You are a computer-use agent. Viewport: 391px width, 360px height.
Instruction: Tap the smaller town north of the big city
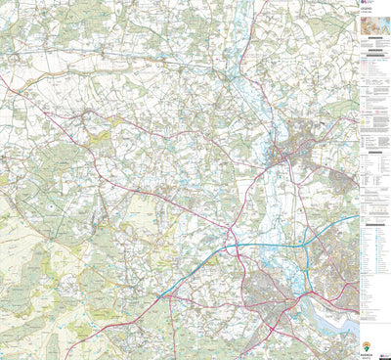(x=293, y=152)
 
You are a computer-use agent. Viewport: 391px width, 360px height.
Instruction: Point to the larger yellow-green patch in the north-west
(x=98, y=137)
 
